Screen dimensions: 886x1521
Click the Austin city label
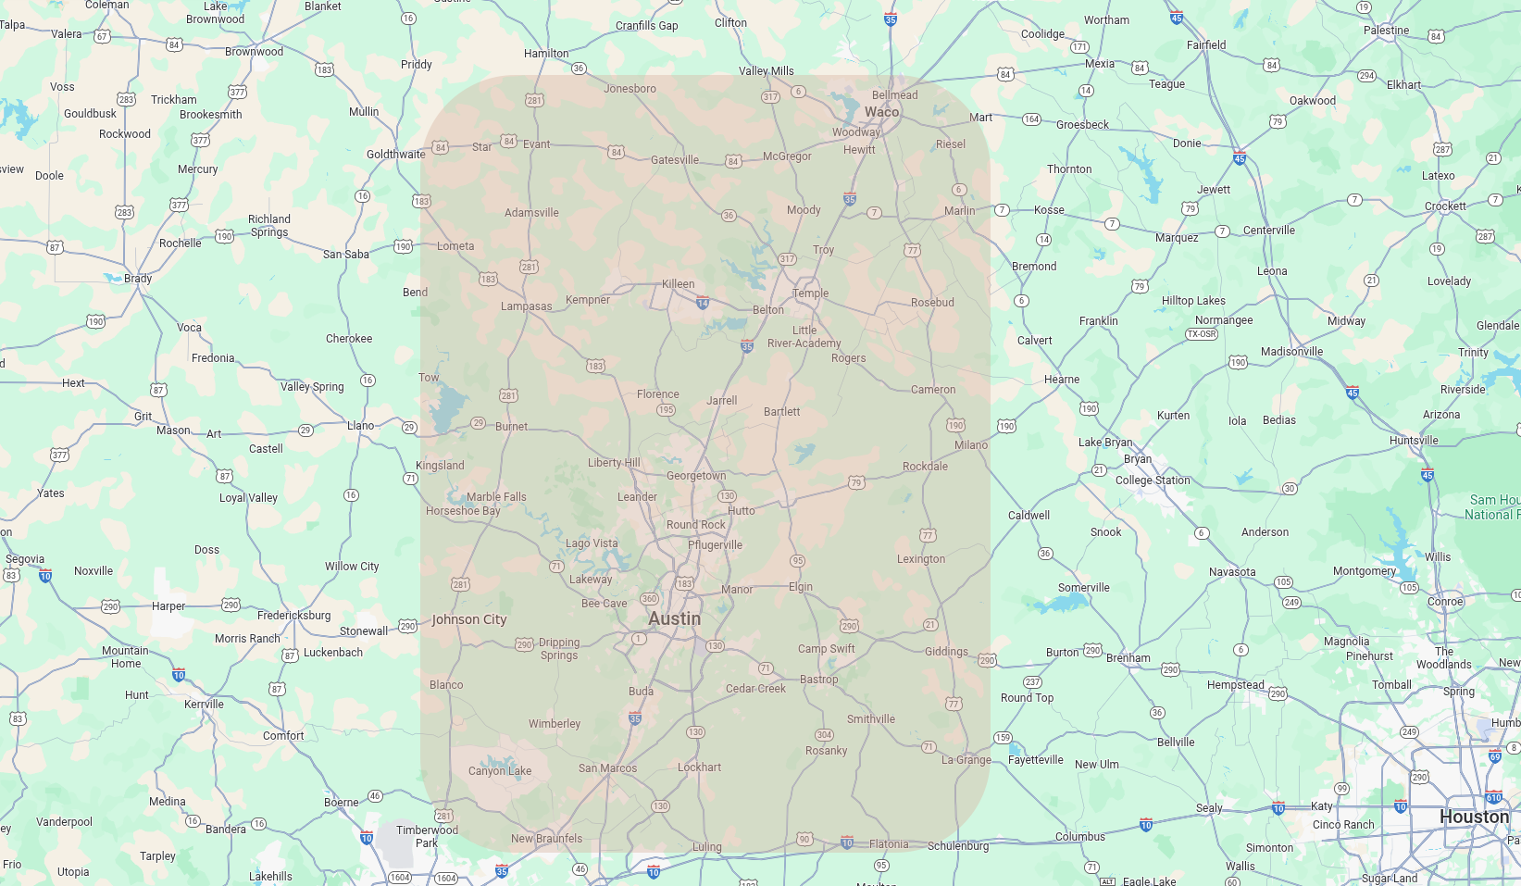[674, 618]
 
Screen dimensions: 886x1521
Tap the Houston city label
[1474, 817]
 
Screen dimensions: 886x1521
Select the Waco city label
[881, 112]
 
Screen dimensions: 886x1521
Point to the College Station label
[1153, 480]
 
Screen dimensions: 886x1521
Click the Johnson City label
[469, 619]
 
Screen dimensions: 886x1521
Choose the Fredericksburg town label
[293, 616]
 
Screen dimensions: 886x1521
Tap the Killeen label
[678, 284]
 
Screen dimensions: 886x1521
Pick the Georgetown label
[696, 476]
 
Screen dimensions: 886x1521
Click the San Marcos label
[607, 768]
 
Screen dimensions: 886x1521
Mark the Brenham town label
[1128, 658]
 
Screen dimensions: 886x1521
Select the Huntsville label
[1414, 441]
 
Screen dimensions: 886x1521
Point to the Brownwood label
[254, 52]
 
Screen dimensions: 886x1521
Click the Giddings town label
[946, 652]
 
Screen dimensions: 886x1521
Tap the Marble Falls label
[496, 497]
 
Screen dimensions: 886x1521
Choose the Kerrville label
[204, 705]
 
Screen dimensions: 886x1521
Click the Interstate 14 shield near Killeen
[703, 302]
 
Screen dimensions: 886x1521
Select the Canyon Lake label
[500, 771]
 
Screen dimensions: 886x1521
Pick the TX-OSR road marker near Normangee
[1202, 334]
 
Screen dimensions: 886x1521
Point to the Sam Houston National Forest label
[1492, 507]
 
